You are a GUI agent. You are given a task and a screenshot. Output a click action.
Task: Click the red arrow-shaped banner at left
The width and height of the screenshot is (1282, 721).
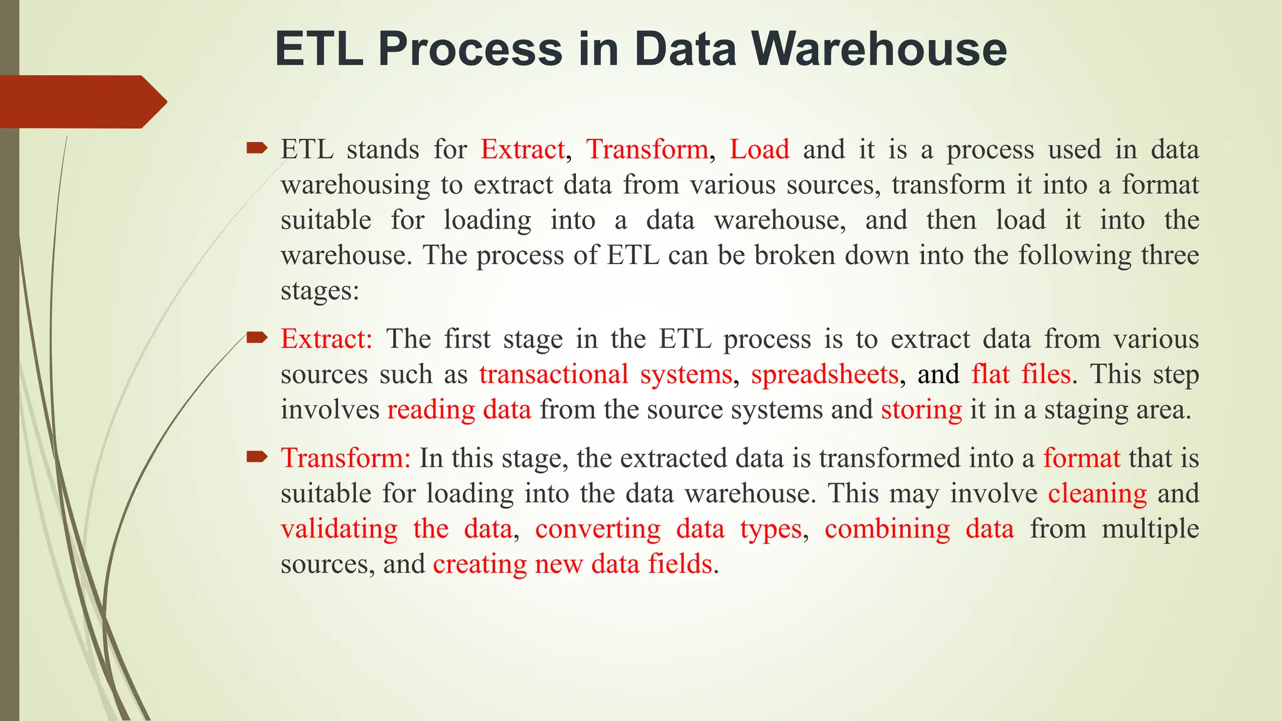(x=81, y=102)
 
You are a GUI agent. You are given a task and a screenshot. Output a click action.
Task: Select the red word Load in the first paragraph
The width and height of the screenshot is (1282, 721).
(x=759, y=150)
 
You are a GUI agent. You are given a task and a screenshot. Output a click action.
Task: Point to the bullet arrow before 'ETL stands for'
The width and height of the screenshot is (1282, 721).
(x=257, y=149)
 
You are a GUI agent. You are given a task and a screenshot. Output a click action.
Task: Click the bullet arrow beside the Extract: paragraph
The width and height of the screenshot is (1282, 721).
(x=257, y=339)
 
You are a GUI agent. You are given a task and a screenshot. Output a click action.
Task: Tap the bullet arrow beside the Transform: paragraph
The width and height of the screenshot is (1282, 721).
(x=257, y=458)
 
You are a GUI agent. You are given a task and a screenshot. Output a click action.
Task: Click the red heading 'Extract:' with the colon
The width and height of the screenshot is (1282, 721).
(x=326, y=339)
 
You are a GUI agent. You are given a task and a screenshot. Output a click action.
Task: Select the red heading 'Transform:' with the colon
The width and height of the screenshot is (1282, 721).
(x=346, y=458)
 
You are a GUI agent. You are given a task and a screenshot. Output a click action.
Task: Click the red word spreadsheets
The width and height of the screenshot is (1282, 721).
(x=824, y=374)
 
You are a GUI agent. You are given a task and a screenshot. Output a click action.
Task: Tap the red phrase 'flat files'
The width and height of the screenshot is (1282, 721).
(x=1020, y=374)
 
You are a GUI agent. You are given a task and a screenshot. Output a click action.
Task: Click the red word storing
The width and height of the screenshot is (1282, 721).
(x=921, y=410)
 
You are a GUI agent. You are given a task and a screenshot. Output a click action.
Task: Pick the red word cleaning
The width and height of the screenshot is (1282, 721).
(x=1097, y=494)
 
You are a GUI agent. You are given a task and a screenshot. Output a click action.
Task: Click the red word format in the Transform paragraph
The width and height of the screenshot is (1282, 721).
(x=1081, y=458)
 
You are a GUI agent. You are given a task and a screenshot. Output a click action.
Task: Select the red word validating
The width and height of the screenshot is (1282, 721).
(x=339, y=529)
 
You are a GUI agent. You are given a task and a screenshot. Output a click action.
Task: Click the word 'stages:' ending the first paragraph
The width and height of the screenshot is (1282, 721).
(x=320, y=291)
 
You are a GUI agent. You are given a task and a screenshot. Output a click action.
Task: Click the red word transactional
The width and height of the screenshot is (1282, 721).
(x=553, y=374)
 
